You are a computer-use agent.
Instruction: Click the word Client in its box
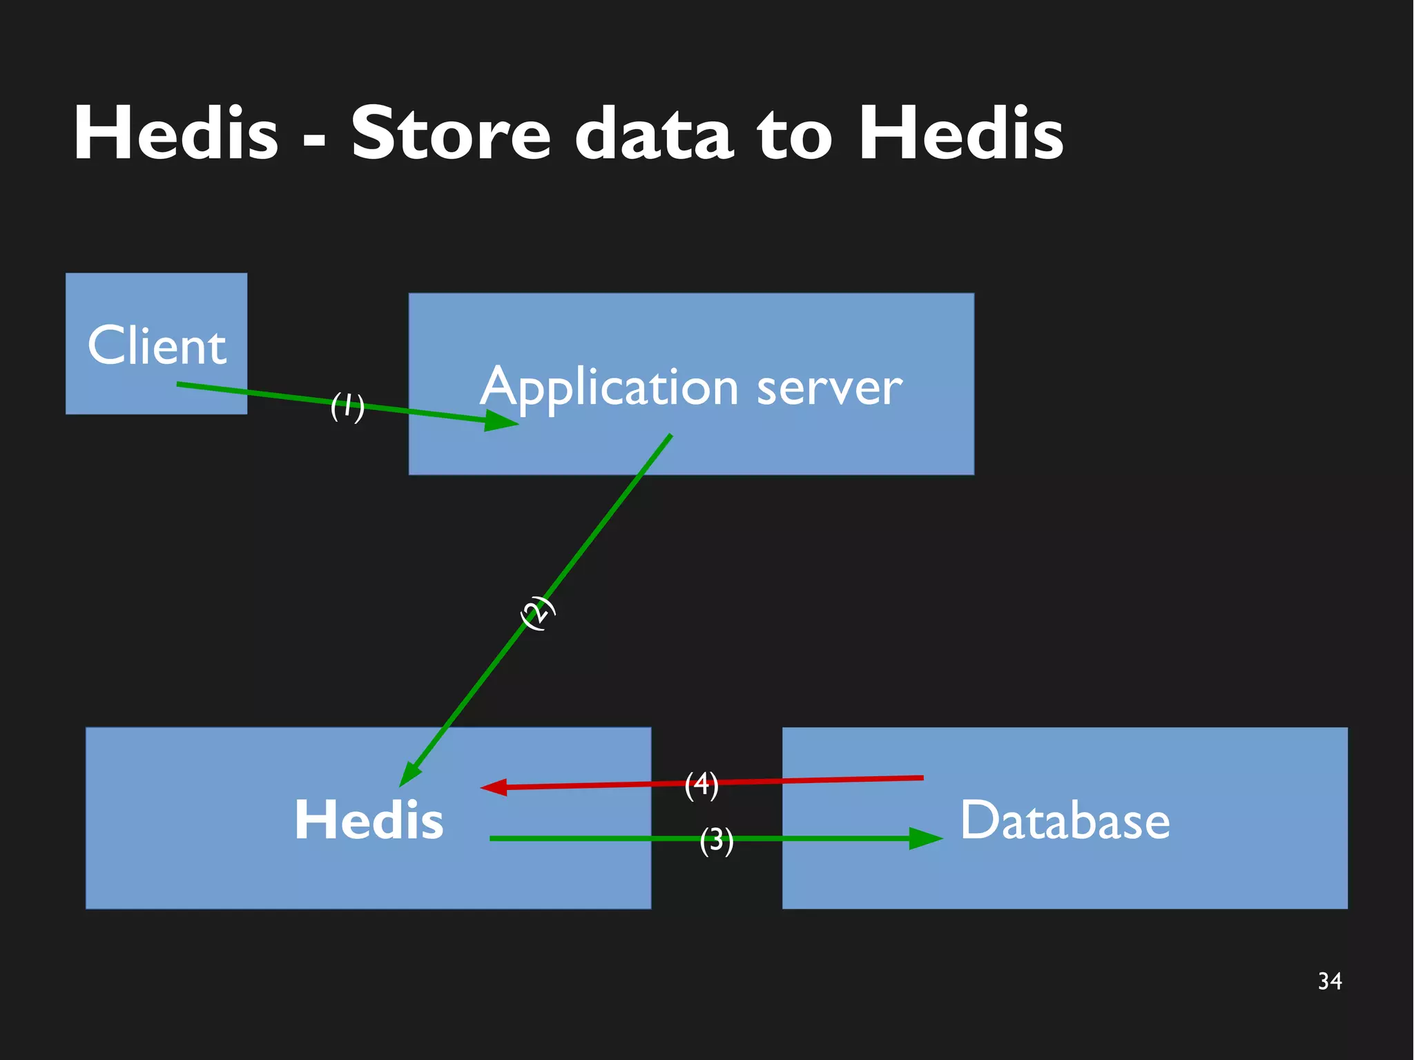[157, 345]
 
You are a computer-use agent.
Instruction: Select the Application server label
[690, 387]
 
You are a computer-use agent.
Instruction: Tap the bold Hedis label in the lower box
[369, 820]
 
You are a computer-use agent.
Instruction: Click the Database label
[1065, 820]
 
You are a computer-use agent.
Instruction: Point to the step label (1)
[347, 406]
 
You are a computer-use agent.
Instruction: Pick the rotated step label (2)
[537, 613]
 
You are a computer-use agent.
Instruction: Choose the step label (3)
[716, 840]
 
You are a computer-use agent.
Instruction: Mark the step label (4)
[701, 784]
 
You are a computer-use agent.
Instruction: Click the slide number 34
[1329, 981]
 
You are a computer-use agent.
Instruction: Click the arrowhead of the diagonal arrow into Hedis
[409, 775]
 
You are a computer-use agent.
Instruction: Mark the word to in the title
[794, 134]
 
